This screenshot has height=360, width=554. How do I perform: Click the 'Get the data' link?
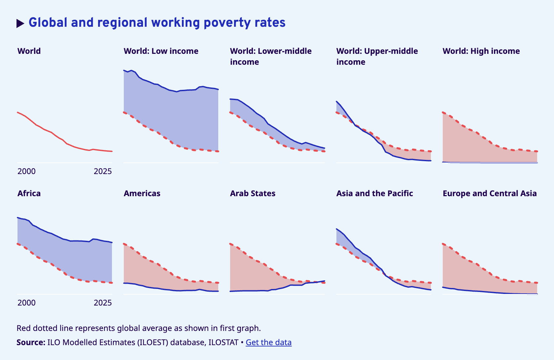(268, 342)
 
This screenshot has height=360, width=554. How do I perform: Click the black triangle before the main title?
(20, 23)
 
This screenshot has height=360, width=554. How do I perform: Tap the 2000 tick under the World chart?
(26, 171)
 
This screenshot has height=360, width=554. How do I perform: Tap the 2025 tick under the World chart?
(103, 171)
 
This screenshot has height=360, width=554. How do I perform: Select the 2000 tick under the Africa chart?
(26, 303)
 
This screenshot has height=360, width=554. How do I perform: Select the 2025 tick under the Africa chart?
(103, 303)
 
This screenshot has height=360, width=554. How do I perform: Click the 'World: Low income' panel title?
(161, 51)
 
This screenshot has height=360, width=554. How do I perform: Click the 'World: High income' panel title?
(481, 51)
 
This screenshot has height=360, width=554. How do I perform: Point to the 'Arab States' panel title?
(253, 194)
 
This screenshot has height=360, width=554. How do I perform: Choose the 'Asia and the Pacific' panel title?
(374, 194)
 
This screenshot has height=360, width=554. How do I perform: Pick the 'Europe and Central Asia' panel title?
(490, 194)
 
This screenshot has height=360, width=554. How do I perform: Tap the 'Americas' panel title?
(142, 194)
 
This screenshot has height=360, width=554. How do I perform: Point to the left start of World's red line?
(18, 113)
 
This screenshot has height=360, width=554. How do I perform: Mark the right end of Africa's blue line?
(112, 242)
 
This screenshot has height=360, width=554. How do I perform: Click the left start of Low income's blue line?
(124, 70)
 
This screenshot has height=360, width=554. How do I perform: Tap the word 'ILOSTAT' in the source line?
(223, 342)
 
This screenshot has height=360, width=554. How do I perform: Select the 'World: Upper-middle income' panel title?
(377, 56)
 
